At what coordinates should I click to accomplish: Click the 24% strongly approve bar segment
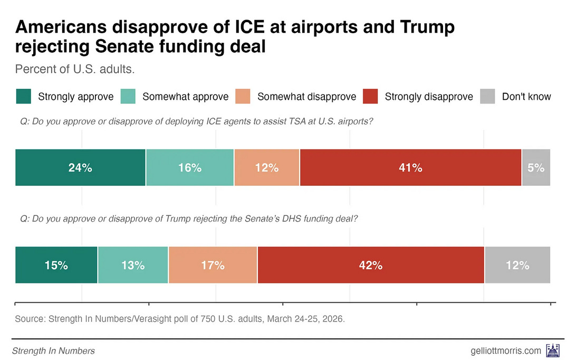(x=80, y=168)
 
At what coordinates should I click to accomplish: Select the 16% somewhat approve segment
(x=190, y=168)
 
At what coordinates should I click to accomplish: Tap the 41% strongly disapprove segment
(x=410, y=168)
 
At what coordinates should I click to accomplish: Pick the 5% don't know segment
(x=536, y=168)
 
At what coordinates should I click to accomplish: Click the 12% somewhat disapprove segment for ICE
(x=267, y=168)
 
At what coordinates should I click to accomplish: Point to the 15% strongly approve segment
(x=56, y=265)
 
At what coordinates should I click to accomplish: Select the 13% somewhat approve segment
(x=133, y=265)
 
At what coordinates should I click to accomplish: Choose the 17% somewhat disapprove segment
(x=213, y=265)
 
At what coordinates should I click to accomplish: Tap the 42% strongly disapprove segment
(x=371, y=265)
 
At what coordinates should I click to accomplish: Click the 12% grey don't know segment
(x=517, y=265)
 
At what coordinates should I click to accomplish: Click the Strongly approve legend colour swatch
(x=23, y=97)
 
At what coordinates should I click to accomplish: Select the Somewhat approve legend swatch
(x=128, y=97)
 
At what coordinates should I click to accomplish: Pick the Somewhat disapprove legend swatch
(x=243, y=97)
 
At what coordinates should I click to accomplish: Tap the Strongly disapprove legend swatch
(x=370, y=97)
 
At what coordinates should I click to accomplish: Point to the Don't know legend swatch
(x=487, y=97)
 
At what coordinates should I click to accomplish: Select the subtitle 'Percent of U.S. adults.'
(x=68, y=70)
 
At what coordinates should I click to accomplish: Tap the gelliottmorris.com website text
(x=505, y=350)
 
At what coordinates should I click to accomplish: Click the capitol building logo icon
(x=553, y=350)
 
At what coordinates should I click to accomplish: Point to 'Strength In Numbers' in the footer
(x=53, y=350)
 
